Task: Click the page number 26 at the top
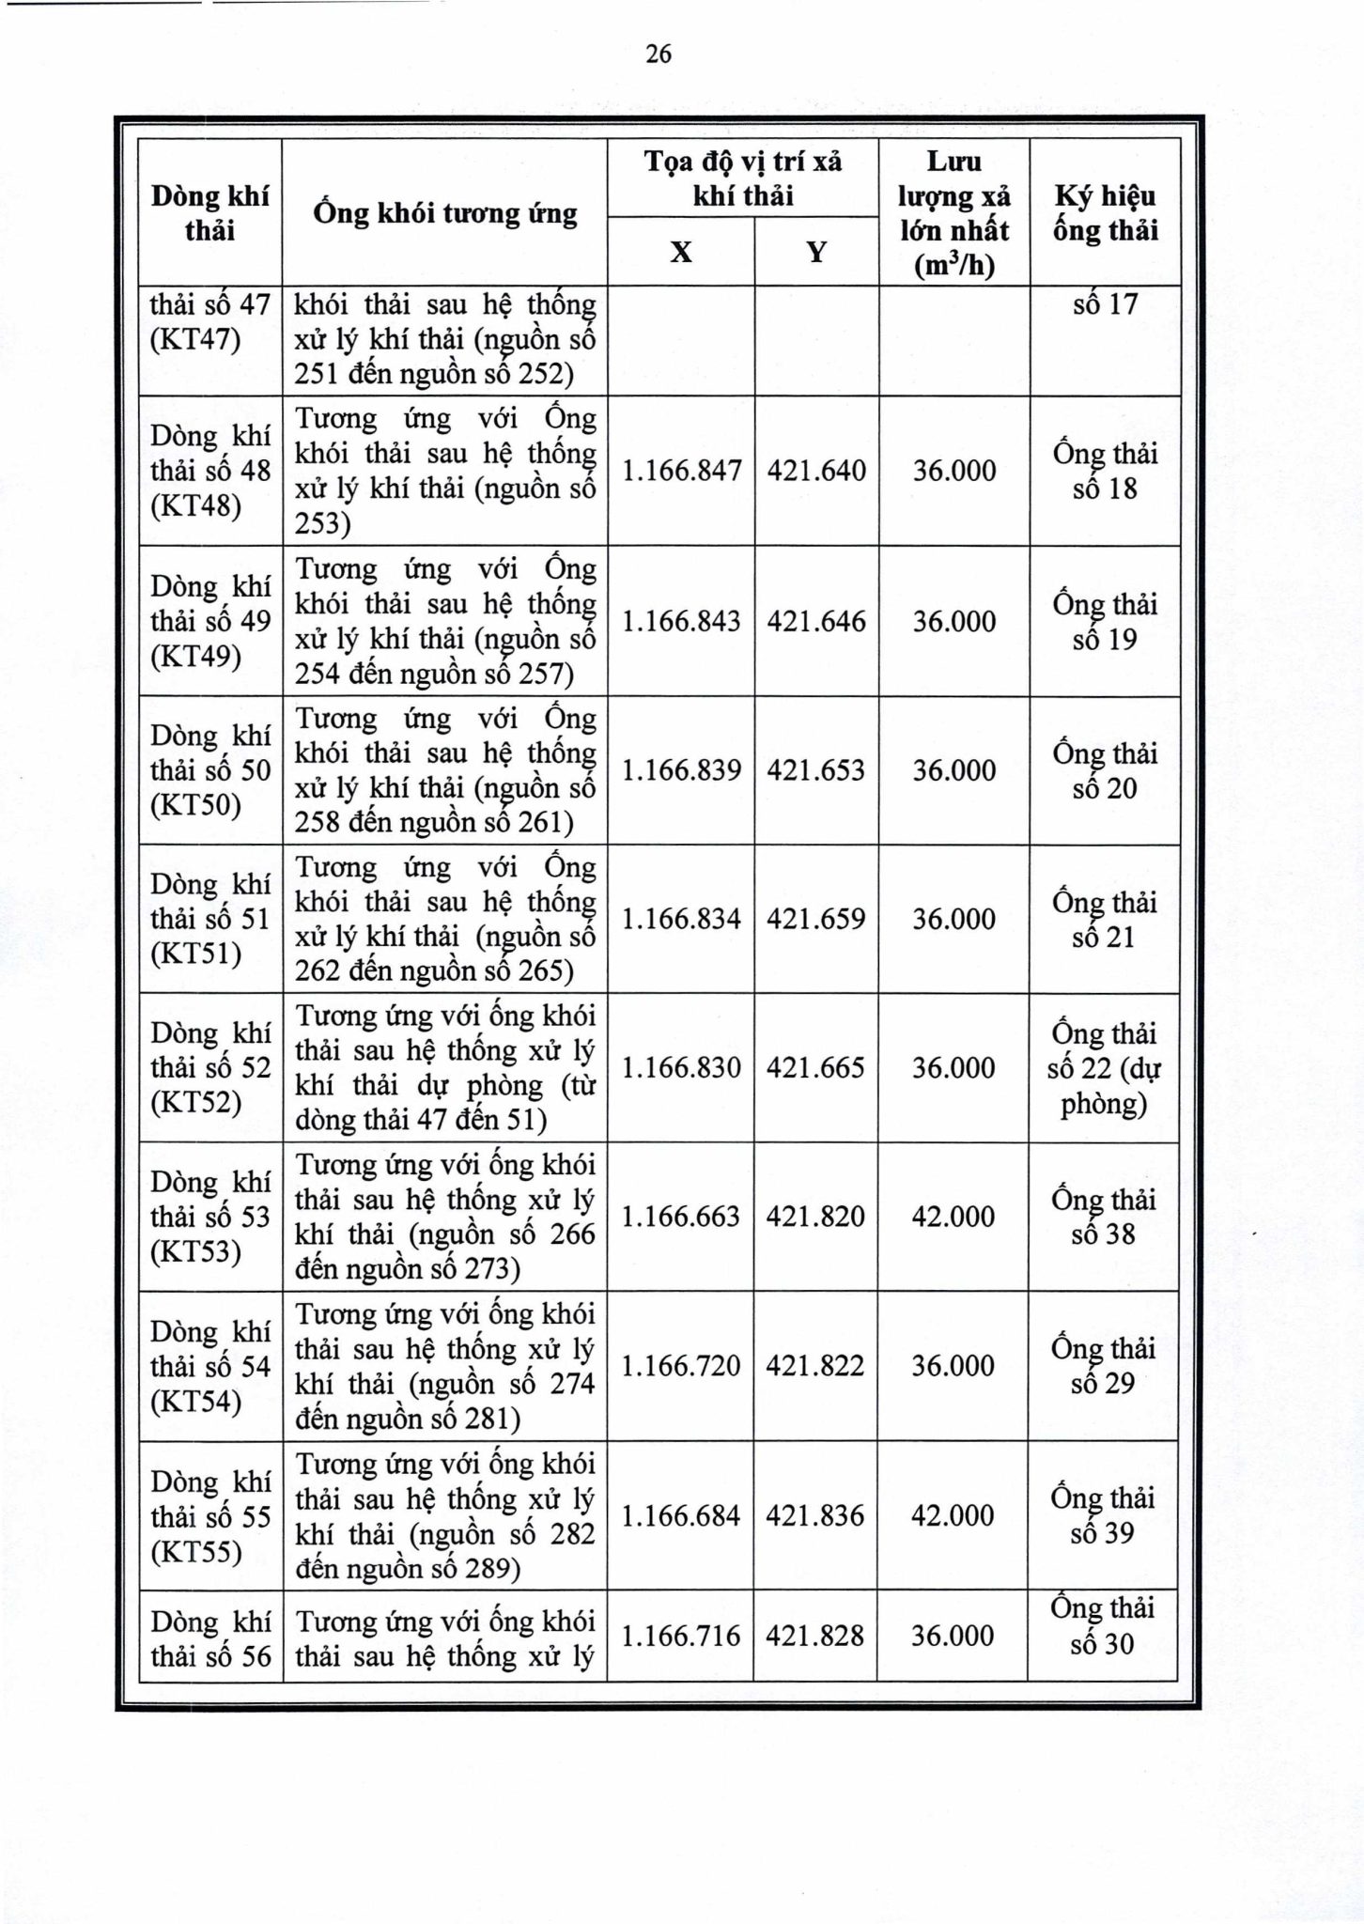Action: pos(659,54)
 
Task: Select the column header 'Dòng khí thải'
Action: pos(209,213)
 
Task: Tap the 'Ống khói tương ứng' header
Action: pos(445,213)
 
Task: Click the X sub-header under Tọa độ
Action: pos(681,252)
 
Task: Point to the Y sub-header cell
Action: pos(816,252)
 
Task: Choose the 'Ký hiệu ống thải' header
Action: pos(1104,213)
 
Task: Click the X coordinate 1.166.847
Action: pos(681,470)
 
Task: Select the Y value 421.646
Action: pos(816,621)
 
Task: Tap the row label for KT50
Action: pos(209,770)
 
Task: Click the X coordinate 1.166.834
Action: pos(681,919)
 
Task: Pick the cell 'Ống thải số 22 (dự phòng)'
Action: pos(1104,1068)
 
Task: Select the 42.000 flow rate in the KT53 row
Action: pos(953,1217)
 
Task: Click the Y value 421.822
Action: pos(815,1365)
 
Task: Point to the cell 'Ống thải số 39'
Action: pos(1103,1515)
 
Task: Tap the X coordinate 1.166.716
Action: pos(681,1636)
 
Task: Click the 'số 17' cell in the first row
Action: pos(1105,304)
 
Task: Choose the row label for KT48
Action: pos(209,471)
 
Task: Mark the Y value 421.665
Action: pos(815,1068)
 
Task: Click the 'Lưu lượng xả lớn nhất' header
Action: pos(953,213)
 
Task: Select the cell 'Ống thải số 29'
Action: pos(1103,1366)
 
